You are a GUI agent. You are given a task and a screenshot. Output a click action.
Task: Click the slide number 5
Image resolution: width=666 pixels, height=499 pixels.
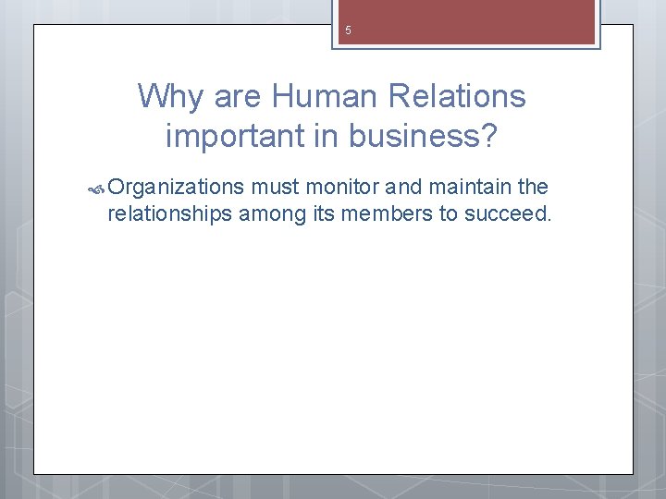(348, 30)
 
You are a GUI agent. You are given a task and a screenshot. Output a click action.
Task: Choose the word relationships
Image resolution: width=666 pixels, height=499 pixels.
(170, 214)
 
